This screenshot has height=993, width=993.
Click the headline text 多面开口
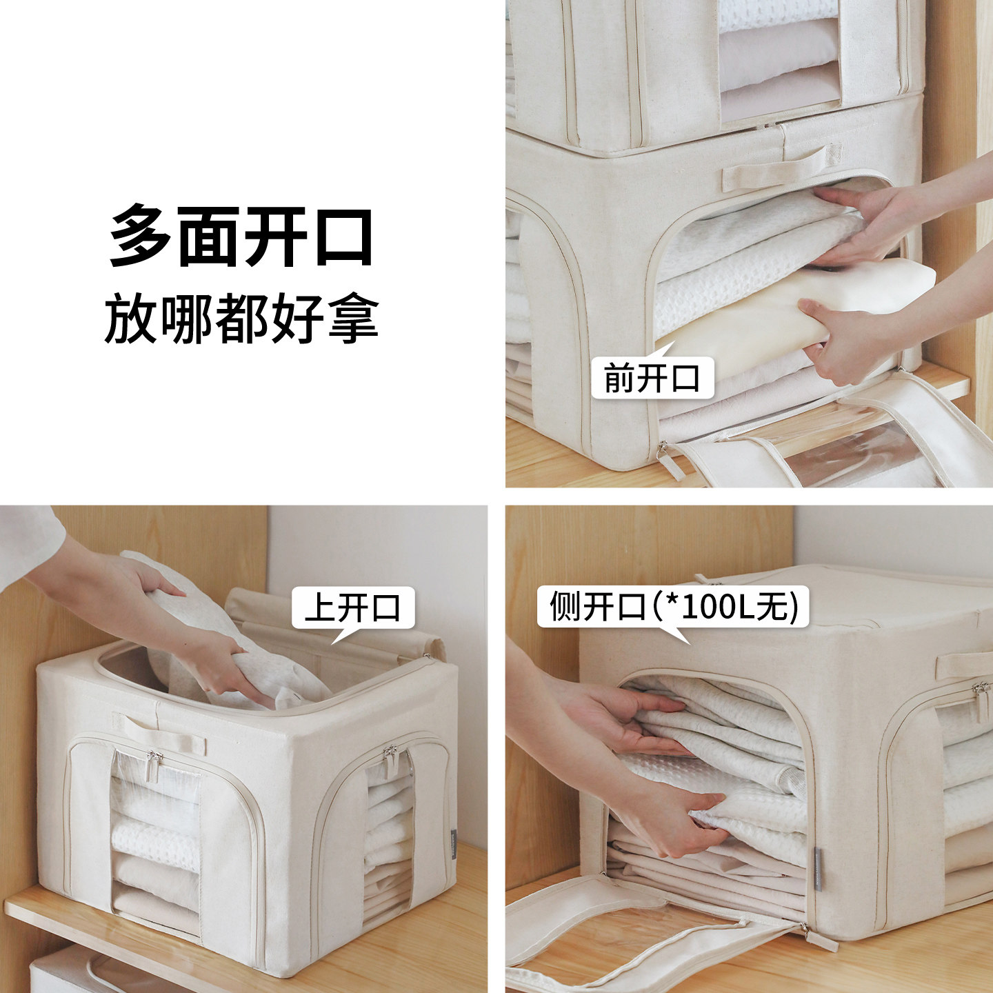(x=241, y=237)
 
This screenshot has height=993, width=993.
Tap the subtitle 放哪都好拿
(x=241, y=319)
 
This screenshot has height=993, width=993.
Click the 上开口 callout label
(x=352, y=608)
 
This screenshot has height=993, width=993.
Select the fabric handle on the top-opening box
(x=160, y=732)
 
